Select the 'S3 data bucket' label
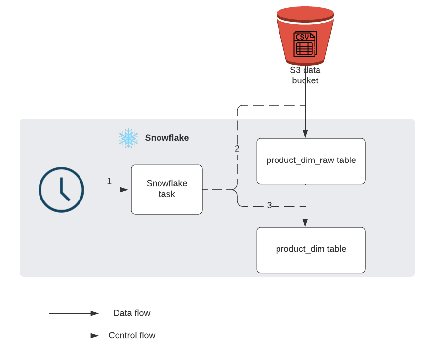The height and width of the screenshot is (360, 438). (305, 75)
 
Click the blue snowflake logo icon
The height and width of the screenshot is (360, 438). (129, 138)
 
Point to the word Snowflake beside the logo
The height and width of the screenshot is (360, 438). (166, 138)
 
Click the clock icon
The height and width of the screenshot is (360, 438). (61, 190)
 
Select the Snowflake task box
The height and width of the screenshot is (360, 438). (167, 190)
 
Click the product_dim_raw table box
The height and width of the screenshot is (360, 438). (311, 161)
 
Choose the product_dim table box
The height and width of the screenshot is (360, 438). (311, 249)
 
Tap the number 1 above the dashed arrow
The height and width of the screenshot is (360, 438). (109, 181)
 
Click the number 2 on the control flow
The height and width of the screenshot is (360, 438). (237, 149)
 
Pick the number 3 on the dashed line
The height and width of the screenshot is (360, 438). (269, 205)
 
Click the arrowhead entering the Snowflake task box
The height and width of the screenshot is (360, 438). (125, 190)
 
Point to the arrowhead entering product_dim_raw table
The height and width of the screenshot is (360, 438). (305, 134)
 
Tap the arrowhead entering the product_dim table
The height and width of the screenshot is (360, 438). (305, 223)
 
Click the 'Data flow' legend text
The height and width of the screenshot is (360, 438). (132, 313)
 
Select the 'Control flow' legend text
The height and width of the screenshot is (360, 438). (132, 336)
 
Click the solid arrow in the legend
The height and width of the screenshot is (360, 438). (74, 313)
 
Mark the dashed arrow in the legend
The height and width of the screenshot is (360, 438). (74, 336)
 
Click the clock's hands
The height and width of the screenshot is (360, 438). (63, 190)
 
